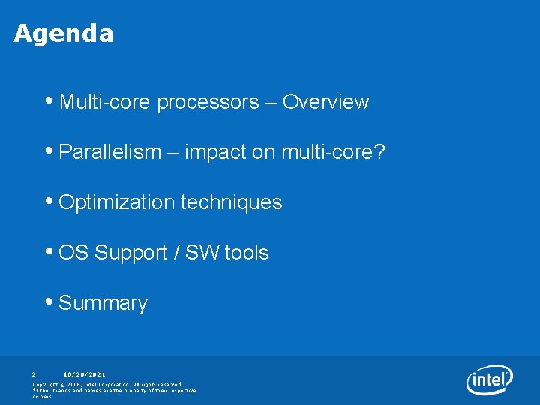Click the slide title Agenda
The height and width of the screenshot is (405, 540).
tap(64, 34)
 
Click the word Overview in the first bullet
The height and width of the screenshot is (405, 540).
tap(325, 102)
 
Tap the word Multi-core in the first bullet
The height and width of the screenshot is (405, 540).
tap(105, 102)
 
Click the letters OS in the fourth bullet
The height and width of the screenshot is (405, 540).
tap(73, 253)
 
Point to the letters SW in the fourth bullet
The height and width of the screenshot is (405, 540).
tap(202, 253)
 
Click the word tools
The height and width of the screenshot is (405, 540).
tap(246, 253)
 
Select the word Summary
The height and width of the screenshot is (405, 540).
tap(103, 303)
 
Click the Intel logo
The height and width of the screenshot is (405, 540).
tap(489, 379)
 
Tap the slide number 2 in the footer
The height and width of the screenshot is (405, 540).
tap(34, 373)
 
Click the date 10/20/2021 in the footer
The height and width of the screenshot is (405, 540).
tap(85, 373)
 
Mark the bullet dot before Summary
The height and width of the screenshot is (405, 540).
tap(49, 302)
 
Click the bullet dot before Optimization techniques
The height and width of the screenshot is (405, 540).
tap(49, 202)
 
